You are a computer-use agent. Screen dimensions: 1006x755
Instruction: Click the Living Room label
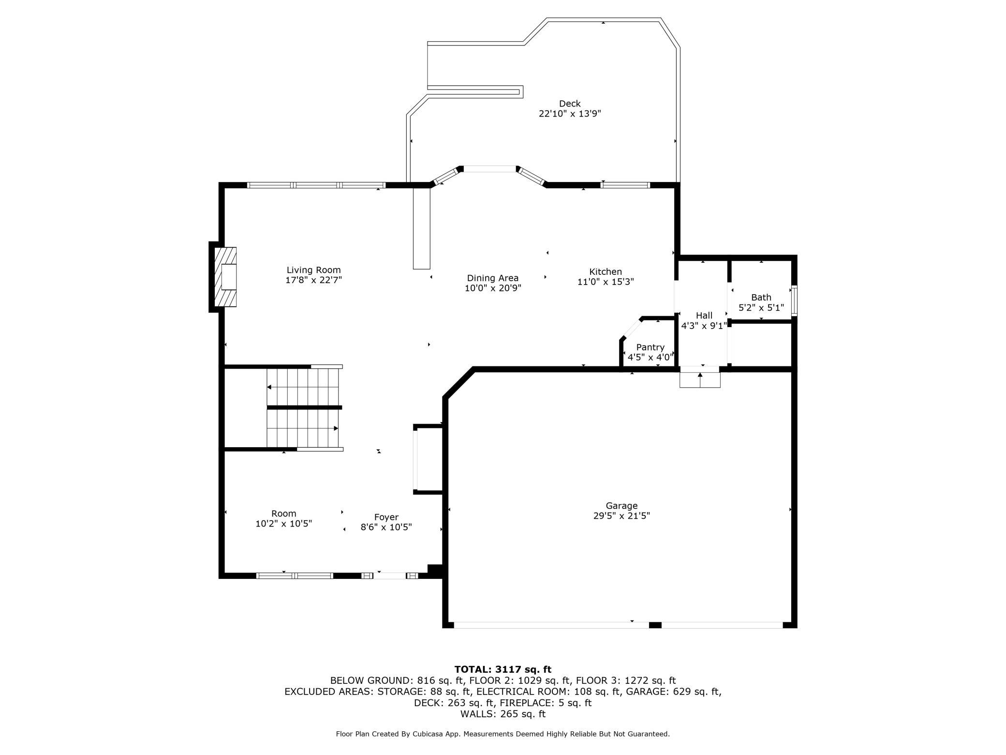pos(313,270)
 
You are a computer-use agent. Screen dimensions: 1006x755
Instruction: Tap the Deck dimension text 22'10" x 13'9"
pos(570,114)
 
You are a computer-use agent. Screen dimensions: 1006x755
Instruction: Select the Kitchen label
pos(606,272)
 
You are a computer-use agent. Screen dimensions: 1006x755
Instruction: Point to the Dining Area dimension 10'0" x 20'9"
pos(492,288)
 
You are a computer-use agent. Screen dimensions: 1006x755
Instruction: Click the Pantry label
pos(650,347)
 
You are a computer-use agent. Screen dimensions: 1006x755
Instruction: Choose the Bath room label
pos(761,297)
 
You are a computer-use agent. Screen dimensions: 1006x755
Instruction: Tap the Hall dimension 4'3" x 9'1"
pos(704,326)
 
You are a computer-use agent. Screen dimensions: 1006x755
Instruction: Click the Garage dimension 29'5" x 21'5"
pos(621,516)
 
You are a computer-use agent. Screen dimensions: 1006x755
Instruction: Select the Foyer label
pos(386,517)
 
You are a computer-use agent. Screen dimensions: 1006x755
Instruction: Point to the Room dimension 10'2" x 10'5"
pos(283,523)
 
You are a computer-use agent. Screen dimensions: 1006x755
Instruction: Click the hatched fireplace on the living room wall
pos(225,277)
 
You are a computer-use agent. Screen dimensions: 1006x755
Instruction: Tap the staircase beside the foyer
pos(304,408)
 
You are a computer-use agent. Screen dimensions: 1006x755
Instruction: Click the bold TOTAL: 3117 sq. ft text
pos(503,669)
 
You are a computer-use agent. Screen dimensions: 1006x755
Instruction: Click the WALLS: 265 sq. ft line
pos(503,714)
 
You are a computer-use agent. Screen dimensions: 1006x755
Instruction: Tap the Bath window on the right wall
pos(794,302)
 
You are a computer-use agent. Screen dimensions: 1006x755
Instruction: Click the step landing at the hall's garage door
pos(700,377)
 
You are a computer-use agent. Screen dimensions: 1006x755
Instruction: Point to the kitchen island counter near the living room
pos(421,228)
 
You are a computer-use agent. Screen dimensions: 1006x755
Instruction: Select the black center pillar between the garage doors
pos(655,625)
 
